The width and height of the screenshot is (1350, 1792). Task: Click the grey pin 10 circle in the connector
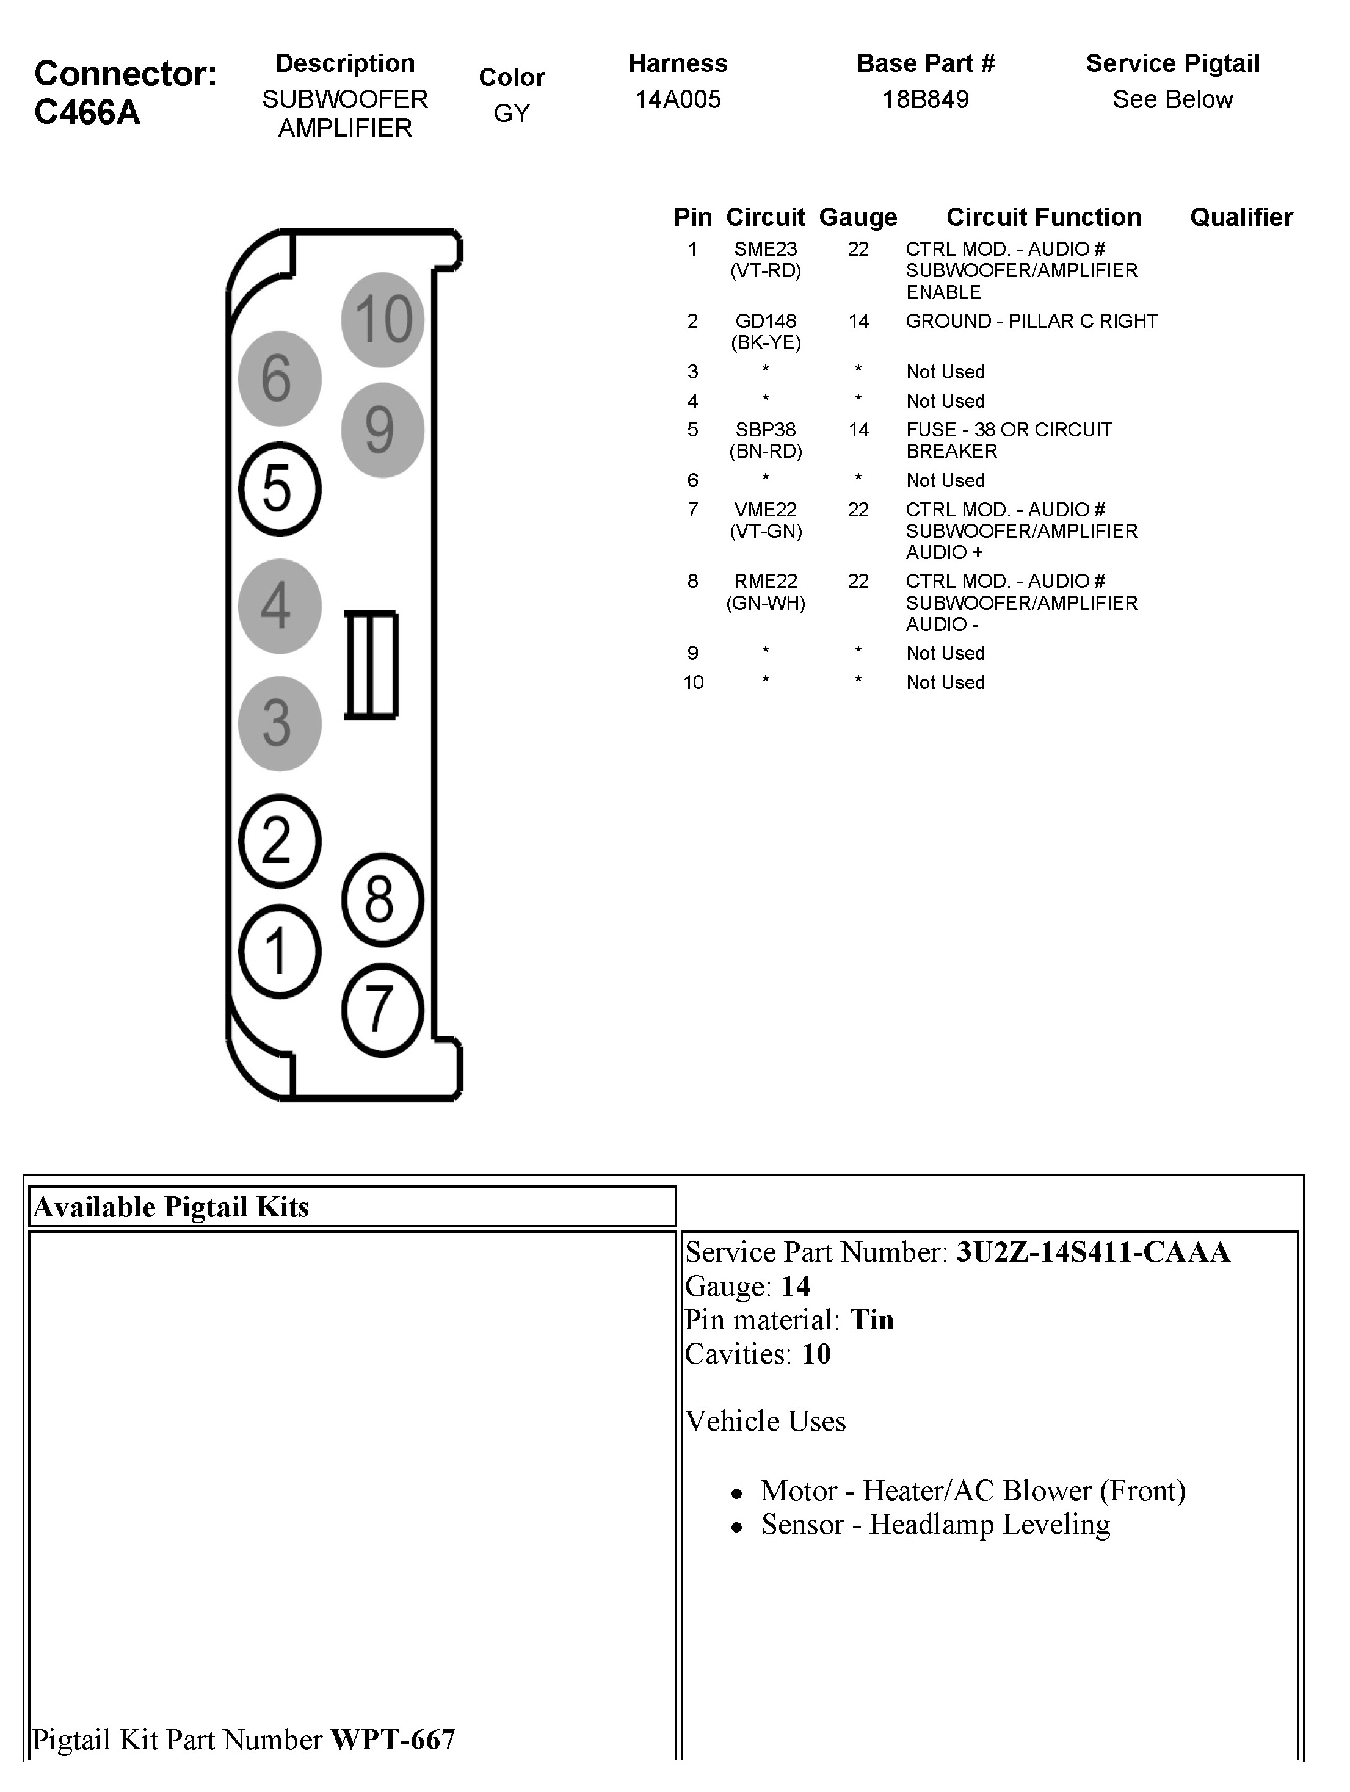coord(382,319)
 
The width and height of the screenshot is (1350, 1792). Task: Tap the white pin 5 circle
coord(280,488)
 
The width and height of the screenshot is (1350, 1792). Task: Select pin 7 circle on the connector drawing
coord(382,1010)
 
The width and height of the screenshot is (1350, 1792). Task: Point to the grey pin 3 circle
coord(280,723)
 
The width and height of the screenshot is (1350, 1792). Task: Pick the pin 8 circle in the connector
coord(382,899)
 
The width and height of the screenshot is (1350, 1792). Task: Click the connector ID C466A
coord(87,112)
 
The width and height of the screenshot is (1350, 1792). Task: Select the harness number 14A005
coord(677,99)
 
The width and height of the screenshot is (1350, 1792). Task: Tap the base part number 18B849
coord(926,99)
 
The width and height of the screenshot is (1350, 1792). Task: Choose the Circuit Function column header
coord(1043,217)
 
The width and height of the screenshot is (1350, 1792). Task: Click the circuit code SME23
coord(765,250)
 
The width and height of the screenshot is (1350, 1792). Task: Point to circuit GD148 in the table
coord(765,322)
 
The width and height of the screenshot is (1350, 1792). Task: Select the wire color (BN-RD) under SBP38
coord(765,451)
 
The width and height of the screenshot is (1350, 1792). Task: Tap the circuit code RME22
coord(765,582)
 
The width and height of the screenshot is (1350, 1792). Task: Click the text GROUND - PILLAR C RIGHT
coord(1031,322)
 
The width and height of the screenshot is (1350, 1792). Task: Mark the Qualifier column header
coord(1241,217)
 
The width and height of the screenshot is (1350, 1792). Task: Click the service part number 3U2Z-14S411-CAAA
coord(1093,1252)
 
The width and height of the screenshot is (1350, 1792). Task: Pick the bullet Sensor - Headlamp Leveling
coord(935,1525)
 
